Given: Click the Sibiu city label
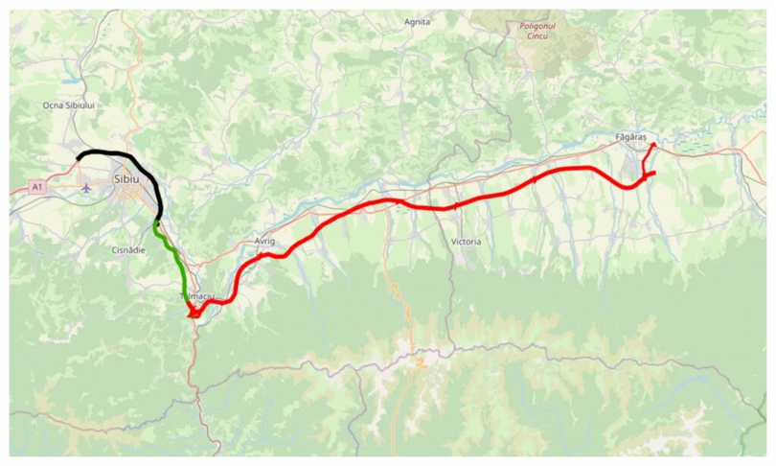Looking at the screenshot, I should (126, 178).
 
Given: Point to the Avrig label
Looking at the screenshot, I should (264, 242).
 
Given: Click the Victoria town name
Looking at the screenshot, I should (465, 242).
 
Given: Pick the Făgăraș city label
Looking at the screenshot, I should (634, 138).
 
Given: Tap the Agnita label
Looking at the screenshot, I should (418, 21).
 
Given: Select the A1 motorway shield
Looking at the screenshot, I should (36, 187).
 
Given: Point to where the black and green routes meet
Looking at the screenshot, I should (156, 222).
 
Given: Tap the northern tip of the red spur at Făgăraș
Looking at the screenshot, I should (652, 145).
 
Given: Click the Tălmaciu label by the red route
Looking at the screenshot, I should (199, 297).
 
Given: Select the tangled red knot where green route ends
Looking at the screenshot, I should (194, 311).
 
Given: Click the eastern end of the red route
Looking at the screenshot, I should (652, 173).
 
